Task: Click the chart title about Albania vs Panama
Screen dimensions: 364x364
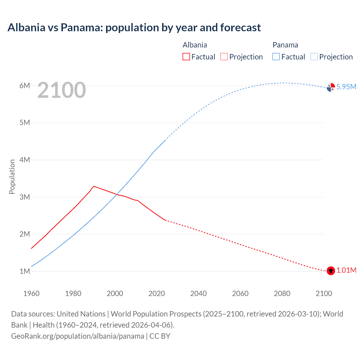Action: click(x=134, y=28)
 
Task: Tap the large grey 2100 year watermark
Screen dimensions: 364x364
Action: click(x=61, y=90)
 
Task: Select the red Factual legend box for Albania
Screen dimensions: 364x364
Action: click(x=186, y=57)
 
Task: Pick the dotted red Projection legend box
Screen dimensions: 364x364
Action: click(x=224, y=57)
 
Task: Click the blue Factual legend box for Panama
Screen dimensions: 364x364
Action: click(x=276, y=57)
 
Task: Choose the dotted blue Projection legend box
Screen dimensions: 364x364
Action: click(x=314, y=57)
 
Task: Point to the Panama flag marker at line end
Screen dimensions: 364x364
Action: click(x=331, y=87)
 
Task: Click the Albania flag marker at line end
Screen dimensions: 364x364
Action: click(x=331, y=271)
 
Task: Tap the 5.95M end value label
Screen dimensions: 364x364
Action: click(x=346, y=87)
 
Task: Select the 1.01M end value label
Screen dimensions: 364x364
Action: click(x=346, y=270)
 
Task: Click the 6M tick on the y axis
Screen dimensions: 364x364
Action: click(x=25, y=86)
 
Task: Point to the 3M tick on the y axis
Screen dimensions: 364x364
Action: click(x=25, y=197)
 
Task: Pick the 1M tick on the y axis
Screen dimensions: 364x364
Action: click(x=25, y=271)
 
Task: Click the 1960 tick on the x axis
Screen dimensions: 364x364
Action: click(x=31, y=293)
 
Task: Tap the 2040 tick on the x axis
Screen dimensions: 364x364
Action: click(x=198, y=293)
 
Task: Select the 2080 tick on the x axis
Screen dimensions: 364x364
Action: click(x=282, y=293)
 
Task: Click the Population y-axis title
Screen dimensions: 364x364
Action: click(x=12, y=177)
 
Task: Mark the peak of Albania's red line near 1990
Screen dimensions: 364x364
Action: click(x=94, y=186)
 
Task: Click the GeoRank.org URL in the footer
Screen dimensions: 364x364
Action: click(x=78, y=336)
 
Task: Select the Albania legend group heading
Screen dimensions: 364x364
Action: click(x=195, y=45)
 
